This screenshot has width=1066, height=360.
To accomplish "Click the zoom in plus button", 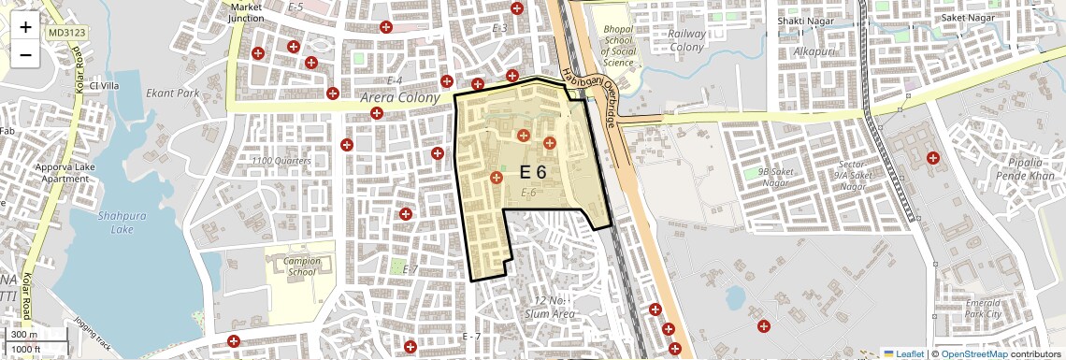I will (x=25, y=28).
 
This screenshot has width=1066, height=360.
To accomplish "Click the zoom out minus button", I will (x=25, y=55).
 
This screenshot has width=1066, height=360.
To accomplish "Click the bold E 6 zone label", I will (x=532, y=172).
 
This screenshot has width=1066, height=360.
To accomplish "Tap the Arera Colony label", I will (x=399, y=98).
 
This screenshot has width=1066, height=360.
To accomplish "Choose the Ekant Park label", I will (x=173, y=94).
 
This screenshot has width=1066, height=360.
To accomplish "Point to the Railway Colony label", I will (x=686, y=40).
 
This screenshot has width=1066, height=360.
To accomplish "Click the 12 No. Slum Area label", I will (x=554, y=307).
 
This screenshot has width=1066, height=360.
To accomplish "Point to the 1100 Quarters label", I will (x=281, y=161).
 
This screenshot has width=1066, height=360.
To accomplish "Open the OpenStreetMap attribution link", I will (x=973, y=353).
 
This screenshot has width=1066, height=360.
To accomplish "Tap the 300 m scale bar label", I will (x=23, y=335).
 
